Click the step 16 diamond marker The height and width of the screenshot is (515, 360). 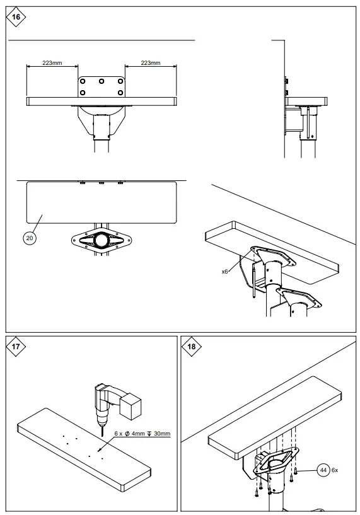point(16,17)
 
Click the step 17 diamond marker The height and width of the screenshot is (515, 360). point(16,346)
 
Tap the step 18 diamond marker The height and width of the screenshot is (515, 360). point(191,346)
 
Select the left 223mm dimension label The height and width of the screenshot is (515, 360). point(52,63)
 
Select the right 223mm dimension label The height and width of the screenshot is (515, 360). point(151,63)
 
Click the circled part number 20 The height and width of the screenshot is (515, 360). point(30,238)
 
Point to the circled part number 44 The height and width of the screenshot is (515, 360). point(323,470)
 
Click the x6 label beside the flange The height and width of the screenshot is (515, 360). point(224,272)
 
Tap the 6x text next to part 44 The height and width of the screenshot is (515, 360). point(334,470)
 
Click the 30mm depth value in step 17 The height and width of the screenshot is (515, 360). point(162,434)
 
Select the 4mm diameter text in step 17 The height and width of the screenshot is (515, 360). point(138,434)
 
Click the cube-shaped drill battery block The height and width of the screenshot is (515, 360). point(130,406)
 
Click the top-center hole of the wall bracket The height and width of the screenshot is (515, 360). point(102,81)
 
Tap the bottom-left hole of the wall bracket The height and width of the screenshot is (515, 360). point(83,93)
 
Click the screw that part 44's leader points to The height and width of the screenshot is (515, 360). point(296,471)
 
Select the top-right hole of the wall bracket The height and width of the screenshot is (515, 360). point(120,81)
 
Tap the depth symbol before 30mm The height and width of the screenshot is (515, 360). point(149,434)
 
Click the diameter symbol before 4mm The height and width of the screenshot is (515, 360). point(127,434)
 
